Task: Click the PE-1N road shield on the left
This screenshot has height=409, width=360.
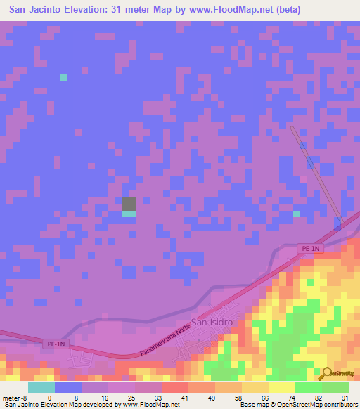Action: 56,344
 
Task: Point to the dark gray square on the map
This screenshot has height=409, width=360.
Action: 129,204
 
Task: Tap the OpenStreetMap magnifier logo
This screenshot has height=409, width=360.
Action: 326,373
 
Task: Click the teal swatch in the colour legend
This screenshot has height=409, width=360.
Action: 41,387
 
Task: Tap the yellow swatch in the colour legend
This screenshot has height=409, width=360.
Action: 281,387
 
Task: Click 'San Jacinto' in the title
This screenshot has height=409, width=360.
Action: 37,10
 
